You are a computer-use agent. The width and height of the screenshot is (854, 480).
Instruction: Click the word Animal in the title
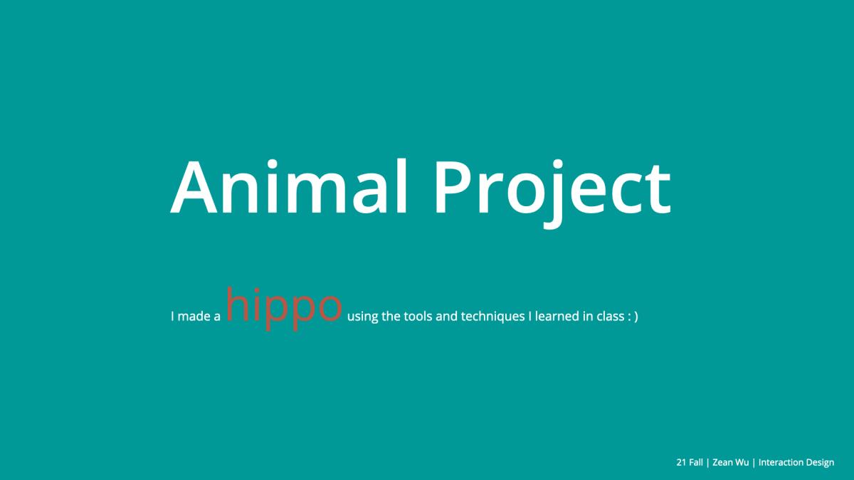290,186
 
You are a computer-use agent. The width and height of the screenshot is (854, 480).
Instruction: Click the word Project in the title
553,193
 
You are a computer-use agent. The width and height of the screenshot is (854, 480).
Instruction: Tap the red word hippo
284,308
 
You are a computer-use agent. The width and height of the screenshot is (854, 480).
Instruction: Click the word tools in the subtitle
418,316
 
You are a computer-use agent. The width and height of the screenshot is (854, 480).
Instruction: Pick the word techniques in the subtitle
493,317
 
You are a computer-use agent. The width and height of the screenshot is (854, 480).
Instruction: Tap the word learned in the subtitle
557,316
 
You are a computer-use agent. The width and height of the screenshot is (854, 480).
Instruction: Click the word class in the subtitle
611,316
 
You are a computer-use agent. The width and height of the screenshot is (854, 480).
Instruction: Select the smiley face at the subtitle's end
633,316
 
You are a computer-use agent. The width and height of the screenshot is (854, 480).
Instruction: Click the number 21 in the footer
681,462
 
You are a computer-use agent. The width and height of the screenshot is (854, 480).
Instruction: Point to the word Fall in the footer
696,462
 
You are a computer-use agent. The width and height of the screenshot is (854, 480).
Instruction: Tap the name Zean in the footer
722,462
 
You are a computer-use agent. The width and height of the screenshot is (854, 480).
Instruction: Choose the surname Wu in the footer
742,462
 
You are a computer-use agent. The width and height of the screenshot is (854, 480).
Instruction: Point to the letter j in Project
554,194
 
